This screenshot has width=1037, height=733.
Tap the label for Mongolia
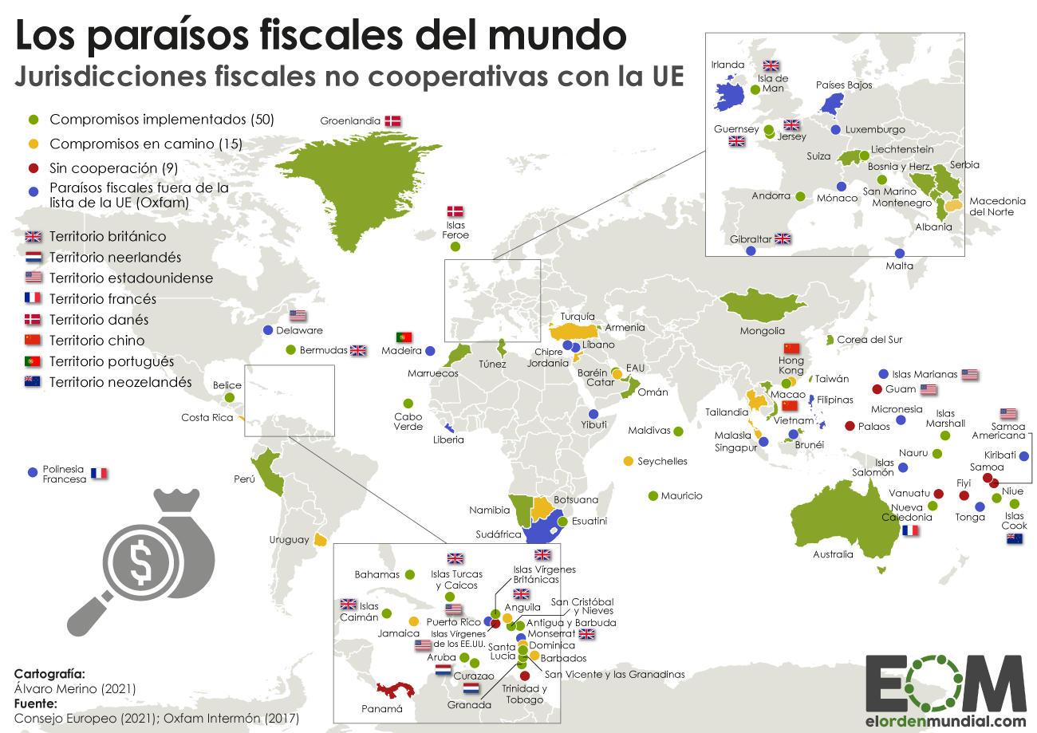click(762, 330)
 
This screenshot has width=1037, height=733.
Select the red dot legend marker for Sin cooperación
click(33, 168)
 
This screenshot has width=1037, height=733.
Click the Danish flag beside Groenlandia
click(392, 121)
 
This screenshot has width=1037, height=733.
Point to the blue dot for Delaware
click(268, 330)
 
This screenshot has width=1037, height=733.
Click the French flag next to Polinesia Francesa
click(99, 473)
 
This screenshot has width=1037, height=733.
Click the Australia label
click(833, 554)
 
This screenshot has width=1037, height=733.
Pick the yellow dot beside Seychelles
click(628, 461)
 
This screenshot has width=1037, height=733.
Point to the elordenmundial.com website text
click(945, 721)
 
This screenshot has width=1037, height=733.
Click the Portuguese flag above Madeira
click(404, 337)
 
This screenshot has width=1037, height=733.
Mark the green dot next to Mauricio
click(653, 496)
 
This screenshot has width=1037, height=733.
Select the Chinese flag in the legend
click(33, 341)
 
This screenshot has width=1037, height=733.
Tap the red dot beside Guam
click(877, 389)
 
